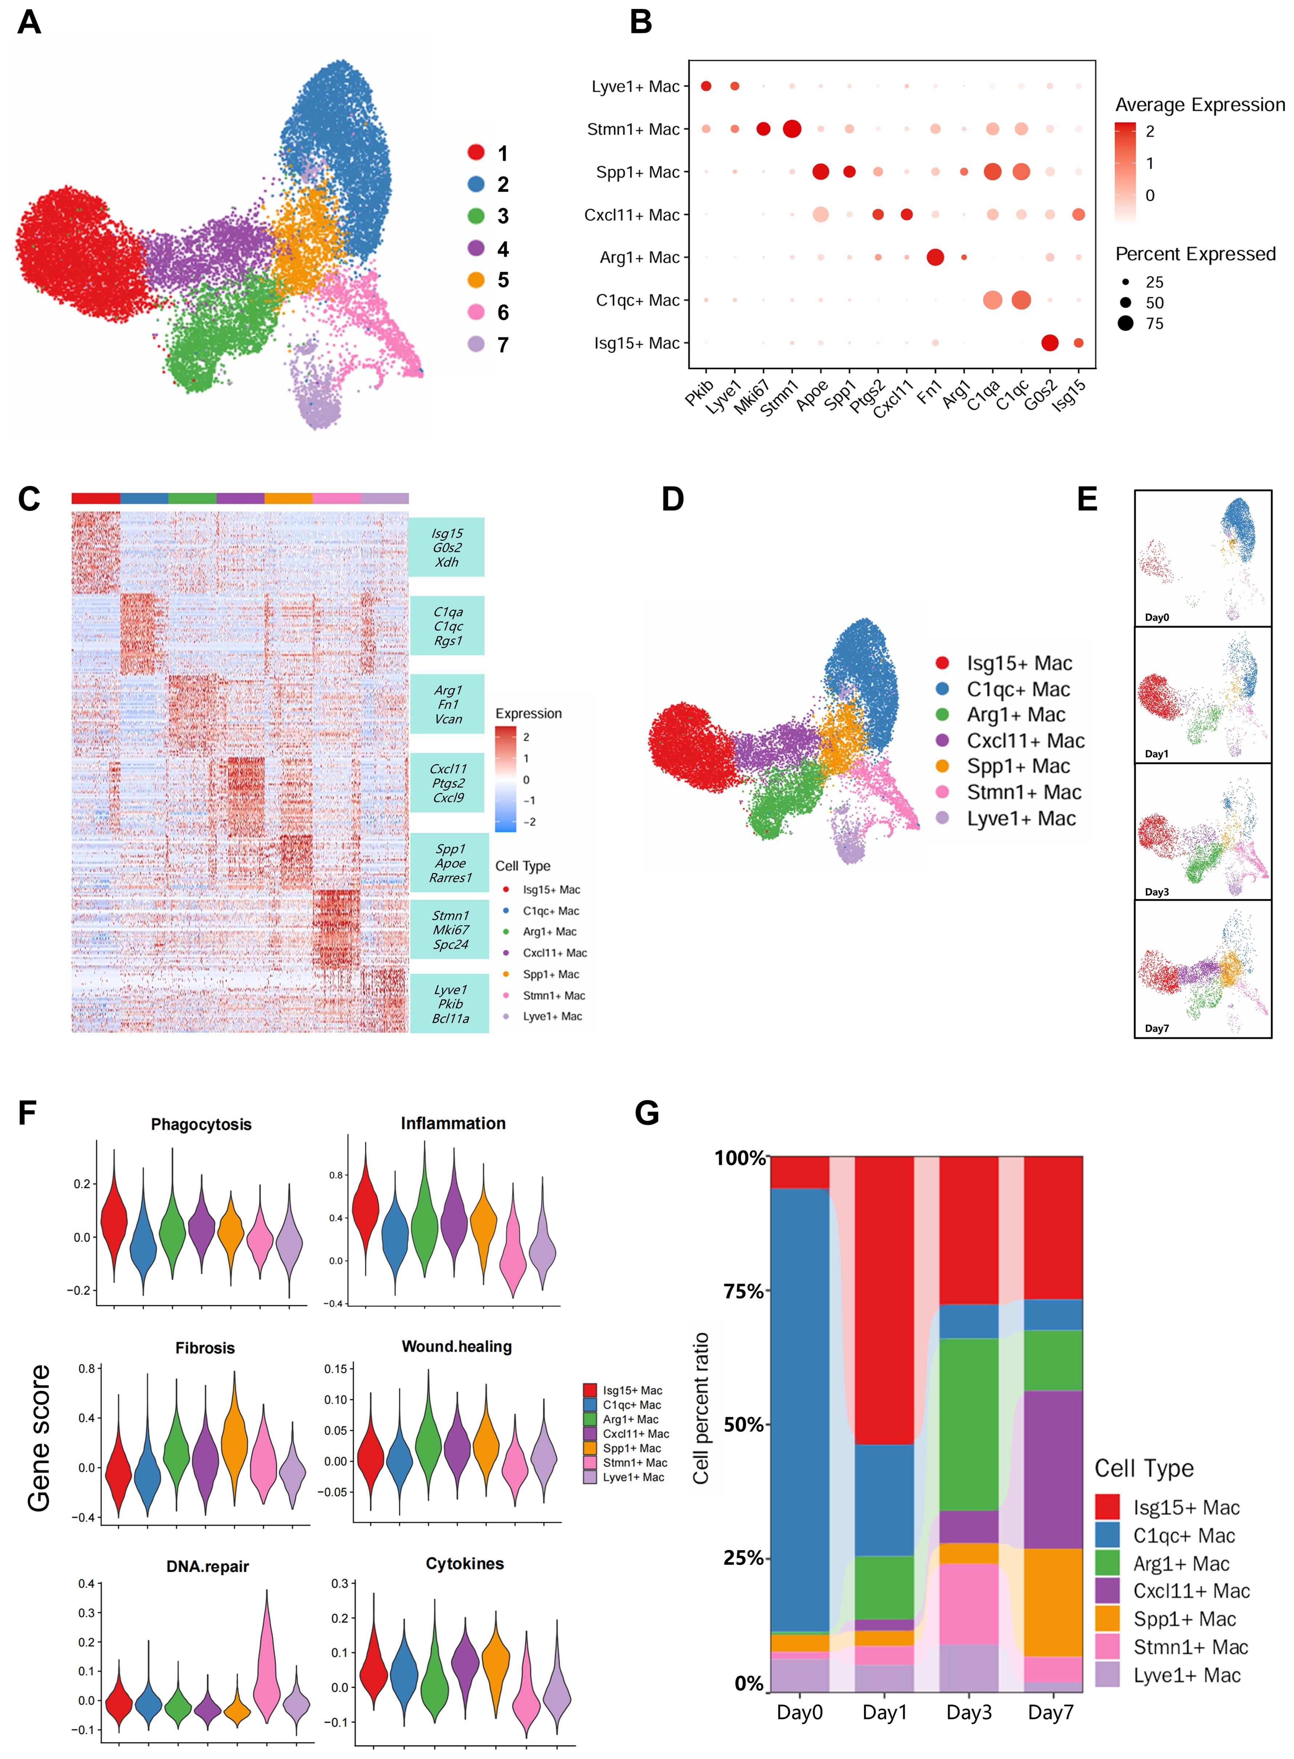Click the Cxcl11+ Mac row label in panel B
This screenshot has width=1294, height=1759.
[632, 215]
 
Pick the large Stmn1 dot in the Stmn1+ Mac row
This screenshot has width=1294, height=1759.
[792, 128]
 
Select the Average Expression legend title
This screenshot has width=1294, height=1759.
[1199, 105]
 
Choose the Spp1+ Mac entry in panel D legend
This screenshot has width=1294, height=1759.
[1017, 766]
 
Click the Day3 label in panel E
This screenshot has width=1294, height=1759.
[1157, 892]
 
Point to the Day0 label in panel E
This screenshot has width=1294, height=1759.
[1157, 617]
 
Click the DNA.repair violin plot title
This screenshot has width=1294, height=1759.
[208, 1566]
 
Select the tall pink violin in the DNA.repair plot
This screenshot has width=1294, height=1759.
[267, 1661]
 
